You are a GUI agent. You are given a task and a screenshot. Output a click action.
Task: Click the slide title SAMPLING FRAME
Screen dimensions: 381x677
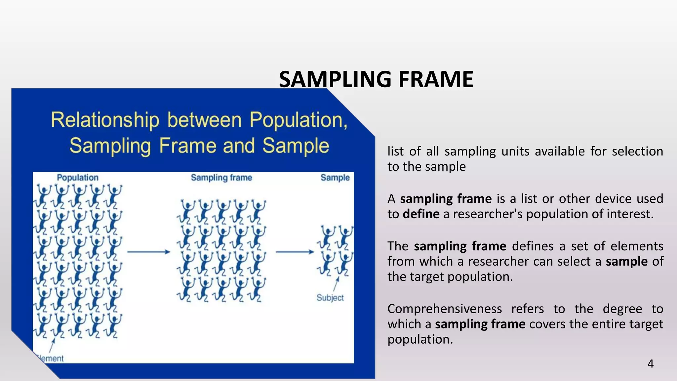click(376, 79)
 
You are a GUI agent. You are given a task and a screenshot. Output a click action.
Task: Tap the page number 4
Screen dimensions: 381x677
click(650, 364)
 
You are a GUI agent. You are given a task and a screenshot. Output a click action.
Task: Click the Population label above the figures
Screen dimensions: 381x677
click(78, 178)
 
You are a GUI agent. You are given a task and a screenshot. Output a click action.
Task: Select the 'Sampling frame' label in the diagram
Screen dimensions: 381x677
click(221, 178)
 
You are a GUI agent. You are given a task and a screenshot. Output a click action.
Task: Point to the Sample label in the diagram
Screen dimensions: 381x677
click(335, 178)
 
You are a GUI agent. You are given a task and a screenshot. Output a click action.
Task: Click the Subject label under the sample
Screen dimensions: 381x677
click(330, 298)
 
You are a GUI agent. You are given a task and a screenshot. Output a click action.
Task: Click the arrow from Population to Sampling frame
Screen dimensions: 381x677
click(148, 252)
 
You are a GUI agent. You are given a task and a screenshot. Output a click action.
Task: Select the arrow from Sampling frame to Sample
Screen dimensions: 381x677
click(295, 252)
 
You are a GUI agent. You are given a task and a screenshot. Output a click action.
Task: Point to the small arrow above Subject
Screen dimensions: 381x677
click(336, 284)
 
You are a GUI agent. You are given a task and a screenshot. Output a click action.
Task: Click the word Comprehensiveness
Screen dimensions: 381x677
click(445, 309)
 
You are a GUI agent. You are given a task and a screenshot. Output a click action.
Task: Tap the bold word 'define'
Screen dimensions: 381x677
click(421, 214)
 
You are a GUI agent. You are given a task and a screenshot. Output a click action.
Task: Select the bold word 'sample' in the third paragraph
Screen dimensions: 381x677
click(626, 262)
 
